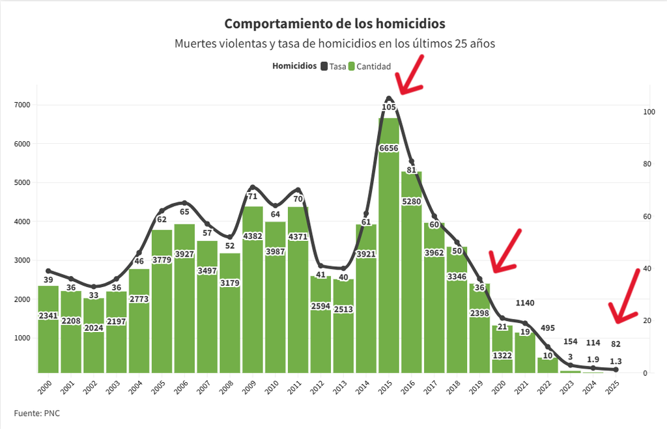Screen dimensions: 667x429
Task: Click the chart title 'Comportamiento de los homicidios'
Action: click(335, 24)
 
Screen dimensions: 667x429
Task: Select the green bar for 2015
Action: click(389, 245)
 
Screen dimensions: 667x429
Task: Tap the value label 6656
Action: click(389, 148)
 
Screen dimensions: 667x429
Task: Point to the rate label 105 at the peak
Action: click(389, 107)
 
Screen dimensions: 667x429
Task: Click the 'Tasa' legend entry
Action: click(333, 66)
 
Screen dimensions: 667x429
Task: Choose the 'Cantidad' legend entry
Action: click(370, 66)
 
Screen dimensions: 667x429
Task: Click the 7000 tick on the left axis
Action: click(22, 105)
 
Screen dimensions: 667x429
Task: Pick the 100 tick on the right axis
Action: click(649, 112)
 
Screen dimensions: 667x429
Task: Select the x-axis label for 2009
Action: click(249, 387)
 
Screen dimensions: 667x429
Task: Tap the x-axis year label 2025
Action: click(612, 387)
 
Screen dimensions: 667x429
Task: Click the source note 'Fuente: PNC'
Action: click(37, 413)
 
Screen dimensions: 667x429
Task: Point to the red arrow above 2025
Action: click(625, 296)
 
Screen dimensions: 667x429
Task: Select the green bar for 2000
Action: click(48, 329)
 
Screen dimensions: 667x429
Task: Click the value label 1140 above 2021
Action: click(525, 303)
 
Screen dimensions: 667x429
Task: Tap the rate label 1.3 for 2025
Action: click(616, 361)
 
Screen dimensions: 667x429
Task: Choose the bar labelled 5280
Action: click(412, 272)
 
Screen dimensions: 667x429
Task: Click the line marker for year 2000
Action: click(48, 271)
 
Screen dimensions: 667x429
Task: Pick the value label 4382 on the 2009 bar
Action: click(253, 236)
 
